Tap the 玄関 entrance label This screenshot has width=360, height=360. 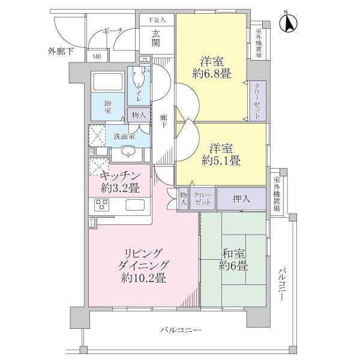(155, 39)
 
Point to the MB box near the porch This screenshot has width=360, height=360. (96, 57)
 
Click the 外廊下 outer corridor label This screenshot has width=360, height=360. (60, 52)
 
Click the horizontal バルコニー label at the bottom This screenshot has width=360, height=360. (181, 330)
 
